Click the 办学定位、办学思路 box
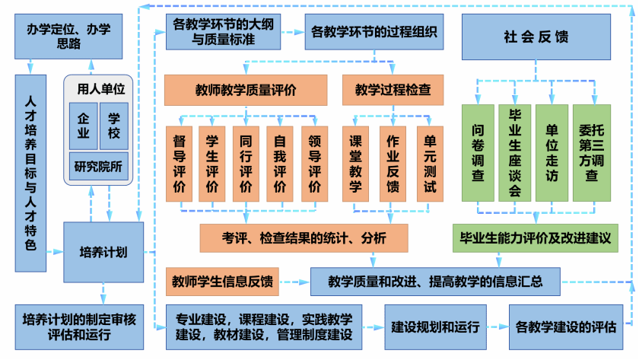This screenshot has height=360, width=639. (x=62, y=36)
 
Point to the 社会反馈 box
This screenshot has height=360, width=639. (x=536, y=37)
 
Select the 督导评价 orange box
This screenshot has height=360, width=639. (x=180, y=163)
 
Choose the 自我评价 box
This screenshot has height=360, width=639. (x=280, y=163)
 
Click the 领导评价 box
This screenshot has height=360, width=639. (x=314, y=163)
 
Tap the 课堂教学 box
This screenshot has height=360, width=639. (x=355, y=163)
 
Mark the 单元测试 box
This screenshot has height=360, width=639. (x=430, y=163)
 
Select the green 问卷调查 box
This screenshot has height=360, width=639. (x=478, y=152)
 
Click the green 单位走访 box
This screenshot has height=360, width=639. (x=552, y=152)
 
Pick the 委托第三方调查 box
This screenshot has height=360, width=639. (x=590, y=152)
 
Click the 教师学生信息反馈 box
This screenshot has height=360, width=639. (x=223, y=280)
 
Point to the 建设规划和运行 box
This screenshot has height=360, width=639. (x=434, y=327)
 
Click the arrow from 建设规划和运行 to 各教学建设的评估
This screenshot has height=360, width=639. (x=497, y=327)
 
